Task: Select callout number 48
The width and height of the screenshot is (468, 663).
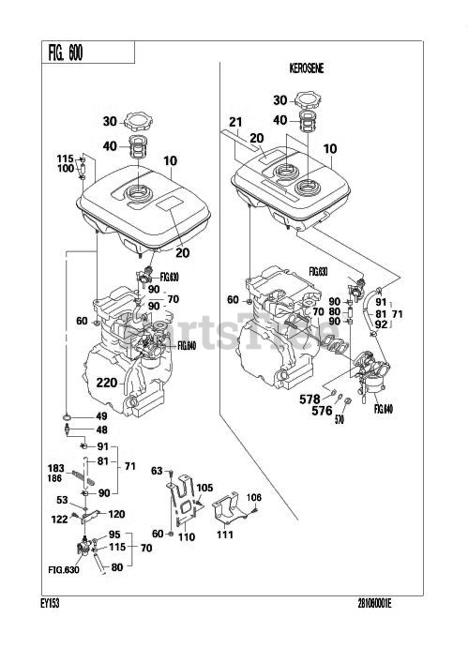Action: point(102,430)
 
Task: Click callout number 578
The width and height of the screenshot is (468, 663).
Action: point(311,398)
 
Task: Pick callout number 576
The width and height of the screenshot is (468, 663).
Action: point(323,410)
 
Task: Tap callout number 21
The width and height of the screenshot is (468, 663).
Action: point(235,122)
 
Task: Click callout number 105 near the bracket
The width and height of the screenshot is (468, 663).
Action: point(204,487)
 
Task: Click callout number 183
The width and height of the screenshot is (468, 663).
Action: point(55,466)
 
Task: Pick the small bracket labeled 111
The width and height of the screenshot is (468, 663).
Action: point(231,511)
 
